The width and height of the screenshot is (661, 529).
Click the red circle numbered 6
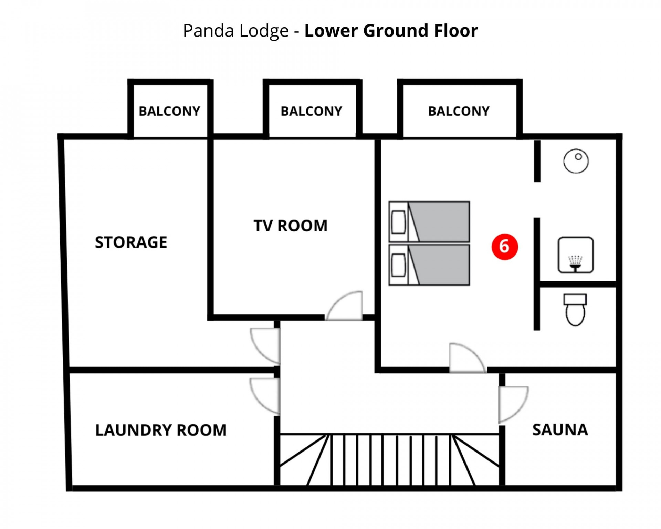(504, 247)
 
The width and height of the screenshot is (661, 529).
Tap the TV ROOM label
(291, 226)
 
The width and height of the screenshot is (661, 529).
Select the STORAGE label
(131, 242)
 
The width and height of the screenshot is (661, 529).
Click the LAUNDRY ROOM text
(161, 430)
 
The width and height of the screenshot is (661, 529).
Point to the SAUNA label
(560, 429)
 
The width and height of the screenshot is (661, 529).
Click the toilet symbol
(575, 310)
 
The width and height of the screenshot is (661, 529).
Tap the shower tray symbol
(575, 255)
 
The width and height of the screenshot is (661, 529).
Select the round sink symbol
(576, 161)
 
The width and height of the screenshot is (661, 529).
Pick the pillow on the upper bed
(398, 222)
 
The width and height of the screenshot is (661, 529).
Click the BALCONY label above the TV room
(311, 111)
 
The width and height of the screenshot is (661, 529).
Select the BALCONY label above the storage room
(169, 111)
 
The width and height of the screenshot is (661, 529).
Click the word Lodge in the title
(264, 31)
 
